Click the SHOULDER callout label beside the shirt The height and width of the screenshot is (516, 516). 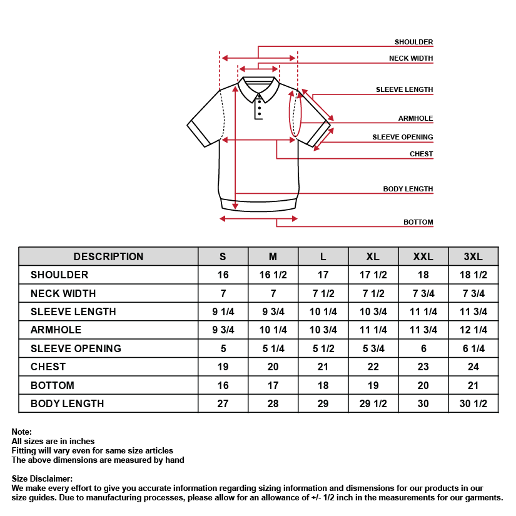[x=413, y=42]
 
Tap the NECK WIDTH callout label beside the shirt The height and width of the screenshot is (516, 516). [x=411, y=58]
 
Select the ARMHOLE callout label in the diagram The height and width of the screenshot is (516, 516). [x=415, y=118]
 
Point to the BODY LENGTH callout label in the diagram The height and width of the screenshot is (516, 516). [x=408, y=189]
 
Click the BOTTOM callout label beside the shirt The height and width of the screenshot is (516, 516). [x=418, y=222]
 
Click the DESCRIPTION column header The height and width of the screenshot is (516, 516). [x=108, y=256]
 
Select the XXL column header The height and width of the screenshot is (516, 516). [x=423, y=256]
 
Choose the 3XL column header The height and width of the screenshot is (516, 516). [x=473, y=256]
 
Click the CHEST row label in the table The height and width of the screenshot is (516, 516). [x=48, y=367]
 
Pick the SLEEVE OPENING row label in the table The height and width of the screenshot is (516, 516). [x=76, y=348]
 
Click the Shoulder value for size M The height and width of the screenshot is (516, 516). [x=273, y=275]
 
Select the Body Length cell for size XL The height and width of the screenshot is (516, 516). [x=373, y=403]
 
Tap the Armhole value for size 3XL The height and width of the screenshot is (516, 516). [x=473, y=330]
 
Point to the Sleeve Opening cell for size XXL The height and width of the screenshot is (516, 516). [x=423, y=348]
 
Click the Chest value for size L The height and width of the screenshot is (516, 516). [x=323, y=367]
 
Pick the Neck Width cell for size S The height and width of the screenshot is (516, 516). [x=223, y=293]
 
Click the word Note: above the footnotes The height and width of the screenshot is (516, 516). [x=21, y=432]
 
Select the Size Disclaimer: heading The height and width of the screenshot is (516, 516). [x=42, y=479]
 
